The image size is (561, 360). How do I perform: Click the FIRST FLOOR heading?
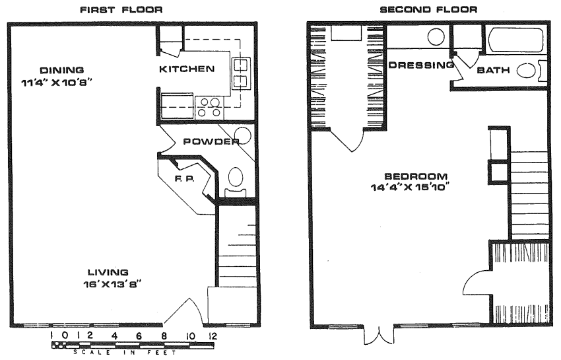click(121, 10)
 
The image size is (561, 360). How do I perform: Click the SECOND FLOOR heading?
click(428, 9)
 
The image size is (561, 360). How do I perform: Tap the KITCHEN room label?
click(187, 69)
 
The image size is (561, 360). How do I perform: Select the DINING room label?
click(61, 70)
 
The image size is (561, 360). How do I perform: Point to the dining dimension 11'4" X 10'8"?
click(57, 83)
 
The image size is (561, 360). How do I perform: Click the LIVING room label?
click(108, 272)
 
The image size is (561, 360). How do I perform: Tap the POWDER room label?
click(211, 141)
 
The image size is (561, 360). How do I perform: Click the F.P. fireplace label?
click(185, 178)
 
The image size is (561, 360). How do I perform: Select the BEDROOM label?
click(416, 176)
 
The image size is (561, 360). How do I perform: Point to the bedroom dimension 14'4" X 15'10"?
click(410, 188)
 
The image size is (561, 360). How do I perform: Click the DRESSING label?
click(421, 65)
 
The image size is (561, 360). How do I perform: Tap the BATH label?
click(493, 70)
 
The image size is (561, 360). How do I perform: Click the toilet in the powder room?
click(235, 182)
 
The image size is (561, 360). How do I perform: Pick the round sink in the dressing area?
click(436, 37)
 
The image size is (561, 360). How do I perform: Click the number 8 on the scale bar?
click(164, 336)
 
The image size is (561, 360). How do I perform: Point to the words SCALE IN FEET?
click(125, 352)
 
